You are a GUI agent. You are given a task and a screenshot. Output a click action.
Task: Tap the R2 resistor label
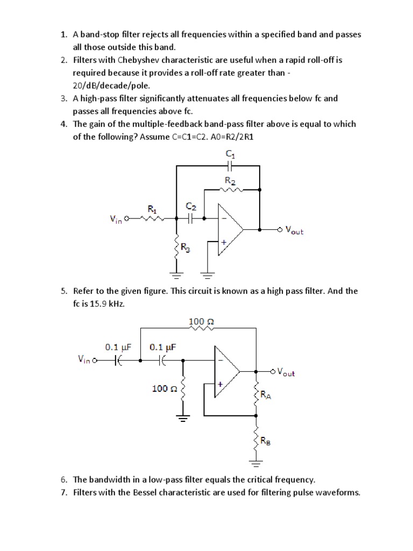point(230,182)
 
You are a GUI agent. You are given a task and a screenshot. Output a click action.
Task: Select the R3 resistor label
point(185,248)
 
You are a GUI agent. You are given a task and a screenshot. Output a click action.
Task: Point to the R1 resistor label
point(152,208)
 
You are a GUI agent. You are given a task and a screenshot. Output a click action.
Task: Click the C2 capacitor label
point(191,207)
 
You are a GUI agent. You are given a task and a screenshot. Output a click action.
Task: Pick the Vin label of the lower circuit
point(84,361)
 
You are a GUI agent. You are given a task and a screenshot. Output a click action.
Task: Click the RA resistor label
point(266,395)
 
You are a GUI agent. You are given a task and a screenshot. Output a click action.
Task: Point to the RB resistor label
point(266,441)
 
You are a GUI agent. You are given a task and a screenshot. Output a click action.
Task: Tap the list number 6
point(63,479)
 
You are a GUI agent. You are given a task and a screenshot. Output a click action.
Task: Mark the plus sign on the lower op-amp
point(220,385)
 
